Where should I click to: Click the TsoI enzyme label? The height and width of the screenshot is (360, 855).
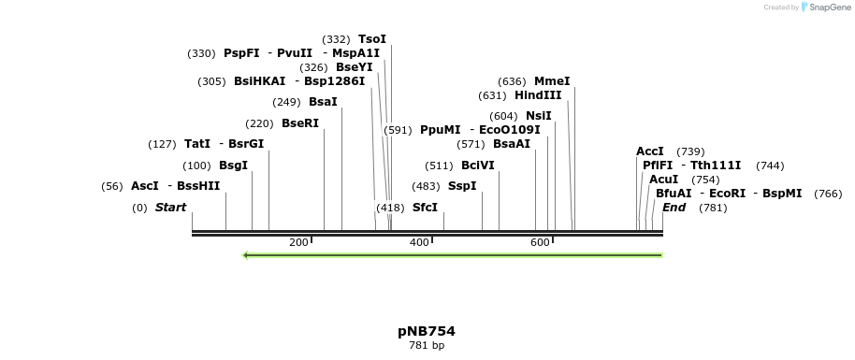372,39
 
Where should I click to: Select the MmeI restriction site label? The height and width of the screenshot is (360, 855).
552,81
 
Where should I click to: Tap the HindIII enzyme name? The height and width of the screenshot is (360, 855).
538,95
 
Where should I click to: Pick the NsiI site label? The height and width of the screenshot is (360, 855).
539,116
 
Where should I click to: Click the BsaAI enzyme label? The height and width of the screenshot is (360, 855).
512,144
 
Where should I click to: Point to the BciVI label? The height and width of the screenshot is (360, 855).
478,166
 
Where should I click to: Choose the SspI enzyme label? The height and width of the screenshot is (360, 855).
462,186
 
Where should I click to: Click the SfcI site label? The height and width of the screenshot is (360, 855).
425,208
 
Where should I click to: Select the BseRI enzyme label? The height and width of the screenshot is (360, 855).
300,123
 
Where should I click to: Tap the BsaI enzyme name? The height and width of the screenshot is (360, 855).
323,102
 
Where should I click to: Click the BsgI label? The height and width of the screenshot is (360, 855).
233,166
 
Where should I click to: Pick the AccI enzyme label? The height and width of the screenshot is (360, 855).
650,151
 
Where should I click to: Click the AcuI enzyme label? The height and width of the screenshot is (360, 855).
664,180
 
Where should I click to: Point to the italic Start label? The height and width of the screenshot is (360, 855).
170,208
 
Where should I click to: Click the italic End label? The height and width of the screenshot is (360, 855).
674,208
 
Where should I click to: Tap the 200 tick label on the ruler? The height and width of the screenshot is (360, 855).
298,243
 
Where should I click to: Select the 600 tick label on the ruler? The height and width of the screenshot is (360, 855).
540,243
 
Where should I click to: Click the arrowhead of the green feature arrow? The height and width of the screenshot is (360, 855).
246,254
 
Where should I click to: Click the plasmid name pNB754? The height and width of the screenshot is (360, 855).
427,331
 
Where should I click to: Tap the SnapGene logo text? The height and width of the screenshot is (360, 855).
829,7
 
